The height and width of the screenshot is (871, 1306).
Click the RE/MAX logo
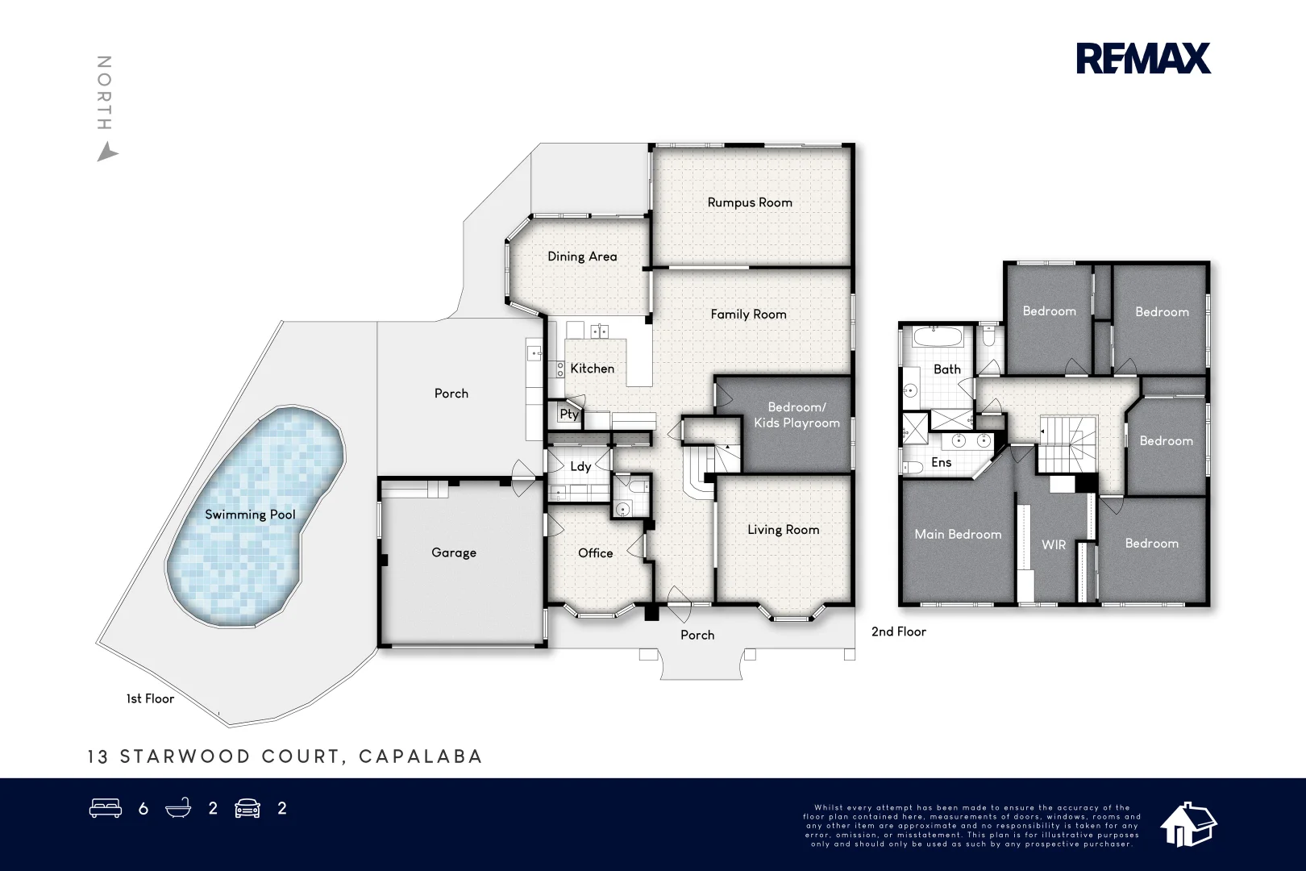(x=1143, y=58)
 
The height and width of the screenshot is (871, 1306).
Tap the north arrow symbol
(x=106, y=152)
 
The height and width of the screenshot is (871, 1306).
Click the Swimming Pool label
(x=250, y=515)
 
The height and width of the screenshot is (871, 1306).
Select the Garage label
(x=454, y=552)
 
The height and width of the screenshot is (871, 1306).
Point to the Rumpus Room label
(x=750, y=202)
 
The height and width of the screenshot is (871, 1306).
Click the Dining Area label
(x=582, y=256)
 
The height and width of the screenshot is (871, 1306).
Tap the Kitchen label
(x=592, y=369)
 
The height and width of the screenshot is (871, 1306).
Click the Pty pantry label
(x=569, y=414)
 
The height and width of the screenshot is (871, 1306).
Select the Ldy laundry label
(x=580, y=466)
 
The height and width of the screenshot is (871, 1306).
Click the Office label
(x=595, y=553)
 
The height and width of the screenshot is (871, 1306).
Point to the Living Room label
(x=783, y=530)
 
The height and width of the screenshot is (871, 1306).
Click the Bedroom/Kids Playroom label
(x=796, y=415)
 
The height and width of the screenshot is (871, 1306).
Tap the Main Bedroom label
(x=958, y=534)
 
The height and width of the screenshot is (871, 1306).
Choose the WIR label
(x=1054, y=545)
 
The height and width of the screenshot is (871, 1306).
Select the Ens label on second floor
(x=941, y=463)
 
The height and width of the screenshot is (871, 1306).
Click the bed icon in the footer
(x=106, y=808)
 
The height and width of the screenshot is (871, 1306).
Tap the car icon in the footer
(x=247, y=808)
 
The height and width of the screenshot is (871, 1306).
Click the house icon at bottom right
(x=1187, y=824)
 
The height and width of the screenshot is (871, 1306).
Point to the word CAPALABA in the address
(x=420, y=756)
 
